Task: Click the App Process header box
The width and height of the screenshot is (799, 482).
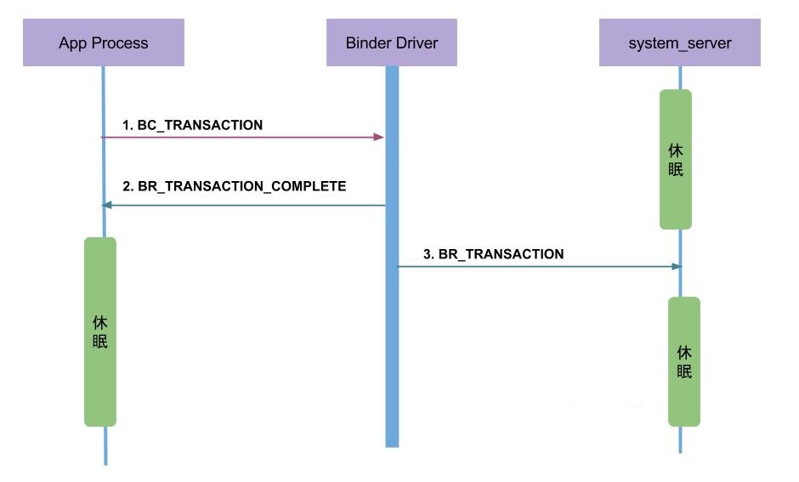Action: pyautogui.click(x=103, y=43)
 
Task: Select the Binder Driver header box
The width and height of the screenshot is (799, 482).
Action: pyautogui.click(x=391, y=43)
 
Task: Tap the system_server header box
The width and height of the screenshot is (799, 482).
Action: pyautogui.click(x=679, y=43)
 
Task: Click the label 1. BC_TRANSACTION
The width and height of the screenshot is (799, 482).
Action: pyautogui.click(x=192, y=125)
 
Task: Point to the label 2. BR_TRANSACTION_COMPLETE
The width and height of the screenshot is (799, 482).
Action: pyautogui.click(x=234, y=185)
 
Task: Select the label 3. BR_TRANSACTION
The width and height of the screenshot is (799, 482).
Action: pyautogui.click(x=493, y=253)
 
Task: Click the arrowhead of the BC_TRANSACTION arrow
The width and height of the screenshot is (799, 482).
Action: pyautogui.click(x=379, y=137)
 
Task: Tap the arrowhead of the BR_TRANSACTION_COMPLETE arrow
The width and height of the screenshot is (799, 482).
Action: pyautogui.click(x=105, y=205)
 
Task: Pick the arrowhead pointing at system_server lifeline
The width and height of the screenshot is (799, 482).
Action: pyautogui.click(x=677, y=266)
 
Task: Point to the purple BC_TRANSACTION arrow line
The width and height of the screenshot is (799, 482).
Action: pyautogui.click(x=238, y=137)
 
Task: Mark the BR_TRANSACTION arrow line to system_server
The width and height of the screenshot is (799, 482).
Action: pyautogui.click(x=535, y=266)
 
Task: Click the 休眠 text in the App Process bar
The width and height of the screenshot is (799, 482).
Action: pyautogui.click(x=99, y=332)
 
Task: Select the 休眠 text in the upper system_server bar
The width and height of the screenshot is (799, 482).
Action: pyautogui.click(x=676, y=159)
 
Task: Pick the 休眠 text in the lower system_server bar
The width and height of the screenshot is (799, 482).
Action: pyautogui.click(x=683, y=361)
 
